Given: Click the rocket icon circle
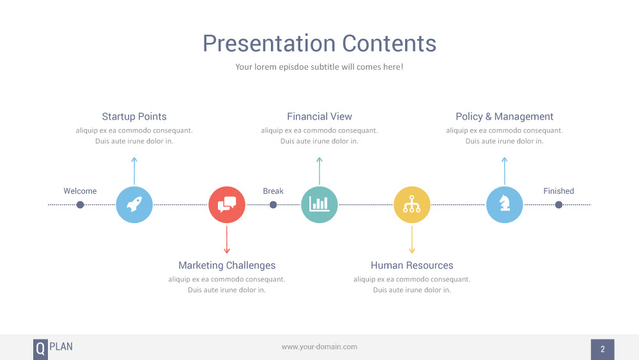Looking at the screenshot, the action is click(134, 205).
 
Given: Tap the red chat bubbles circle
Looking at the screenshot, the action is click(227, 205).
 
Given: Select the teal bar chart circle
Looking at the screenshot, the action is click(319, 205).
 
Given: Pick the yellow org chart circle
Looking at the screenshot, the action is click(412, 205).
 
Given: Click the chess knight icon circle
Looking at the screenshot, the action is click(505, 205).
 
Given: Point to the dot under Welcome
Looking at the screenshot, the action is click(81, 205).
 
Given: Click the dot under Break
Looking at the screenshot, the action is click(273, 205).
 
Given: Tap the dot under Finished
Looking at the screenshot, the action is click(558, 205).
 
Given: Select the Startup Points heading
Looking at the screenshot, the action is click(134, 116).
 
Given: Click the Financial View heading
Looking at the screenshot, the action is click(319, 116).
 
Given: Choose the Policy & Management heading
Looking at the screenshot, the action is click(505, 116).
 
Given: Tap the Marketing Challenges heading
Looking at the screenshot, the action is click(227, 265).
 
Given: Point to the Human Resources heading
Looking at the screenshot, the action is click(412, 265).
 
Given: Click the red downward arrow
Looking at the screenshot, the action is click(227, 239).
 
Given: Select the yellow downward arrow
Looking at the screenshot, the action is click(412, 239).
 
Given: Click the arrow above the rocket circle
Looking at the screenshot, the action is click(134, 171).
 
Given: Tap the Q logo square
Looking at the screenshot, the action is click(40, 349).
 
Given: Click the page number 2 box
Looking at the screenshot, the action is click(603, 349).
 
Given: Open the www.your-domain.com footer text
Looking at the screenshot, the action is click(319, 347).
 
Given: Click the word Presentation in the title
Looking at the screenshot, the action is click(269, 43).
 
